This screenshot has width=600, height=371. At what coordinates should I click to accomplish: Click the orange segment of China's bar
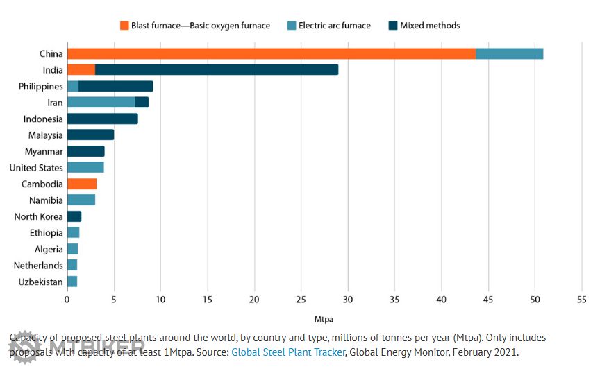(x=271, y=54)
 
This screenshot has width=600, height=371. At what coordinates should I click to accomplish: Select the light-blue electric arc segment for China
(x=509, y=54)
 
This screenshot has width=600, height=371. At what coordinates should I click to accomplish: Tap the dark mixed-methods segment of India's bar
(x=217, y=70)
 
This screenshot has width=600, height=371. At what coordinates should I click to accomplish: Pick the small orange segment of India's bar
(x=81, y=70)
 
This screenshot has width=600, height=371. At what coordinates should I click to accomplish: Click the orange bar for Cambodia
(x=82, y=184)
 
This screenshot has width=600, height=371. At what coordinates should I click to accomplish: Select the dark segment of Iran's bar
(x=142, y=103)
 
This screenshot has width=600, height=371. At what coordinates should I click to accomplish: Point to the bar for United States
(x=85, y=168)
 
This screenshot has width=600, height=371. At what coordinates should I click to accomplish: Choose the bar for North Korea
(x=74, y=216)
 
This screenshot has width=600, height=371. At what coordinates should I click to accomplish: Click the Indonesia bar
(x=102, y=119)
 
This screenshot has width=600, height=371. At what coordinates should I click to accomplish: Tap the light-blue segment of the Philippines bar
(x=73, y=87)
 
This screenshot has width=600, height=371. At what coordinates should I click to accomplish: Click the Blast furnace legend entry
(x=194, y=26)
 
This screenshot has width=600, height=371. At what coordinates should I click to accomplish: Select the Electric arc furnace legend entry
(x=328, y=26)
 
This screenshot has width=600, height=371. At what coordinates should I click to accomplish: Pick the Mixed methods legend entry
(x=424, y=26)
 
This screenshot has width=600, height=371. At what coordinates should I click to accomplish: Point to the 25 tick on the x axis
(x=301, y=300)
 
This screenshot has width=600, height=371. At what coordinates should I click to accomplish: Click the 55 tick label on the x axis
(x=581, y=300)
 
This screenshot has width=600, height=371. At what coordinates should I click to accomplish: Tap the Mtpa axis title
(x=324, y=320)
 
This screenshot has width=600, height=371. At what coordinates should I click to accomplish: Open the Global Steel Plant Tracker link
(x=287, y=352)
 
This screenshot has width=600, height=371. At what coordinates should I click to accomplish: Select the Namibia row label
(x=46, y=200)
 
